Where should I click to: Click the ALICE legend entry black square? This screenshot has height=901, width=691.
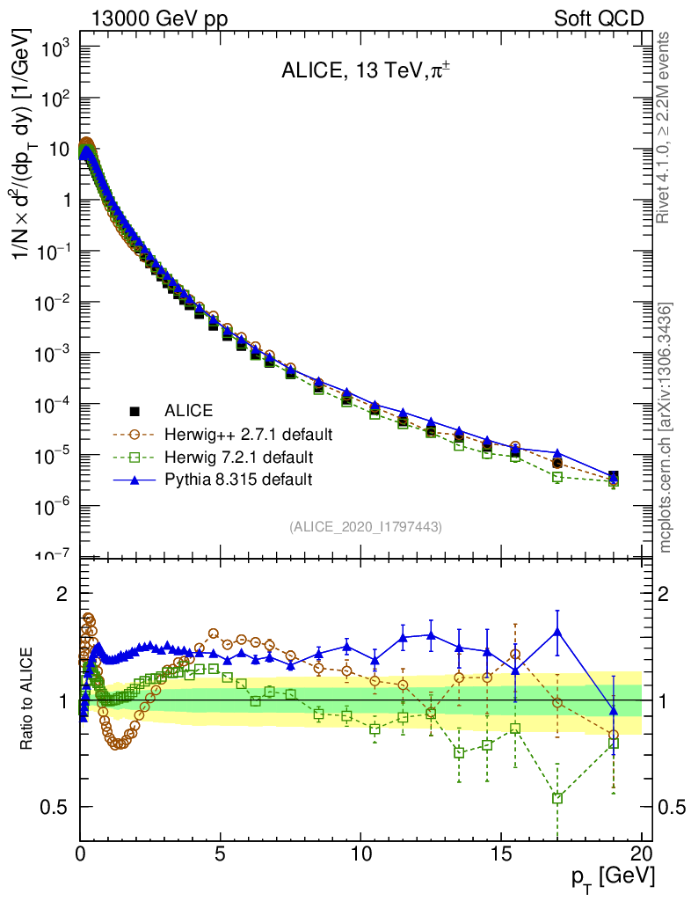(135, 411)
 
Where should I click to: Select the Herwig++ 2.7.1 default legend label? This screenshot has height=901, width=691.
(248, 435)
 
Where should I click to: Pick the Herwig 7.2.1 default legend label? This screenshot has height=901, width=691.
(238, 458)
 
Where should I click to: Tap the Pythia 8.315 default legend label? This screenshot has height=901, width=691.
(238, 480)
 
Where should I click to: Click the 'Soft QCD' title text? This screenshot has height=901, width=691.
(599, 18)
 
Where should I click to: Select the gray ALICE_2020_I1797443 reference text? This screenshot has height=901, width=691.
(365, 526)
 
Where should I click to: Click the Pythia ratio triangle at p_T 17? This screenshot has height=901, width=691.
(557, 631)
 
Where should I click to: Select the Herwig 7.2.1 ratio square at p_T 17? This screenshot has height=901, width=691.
(557, 798)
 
